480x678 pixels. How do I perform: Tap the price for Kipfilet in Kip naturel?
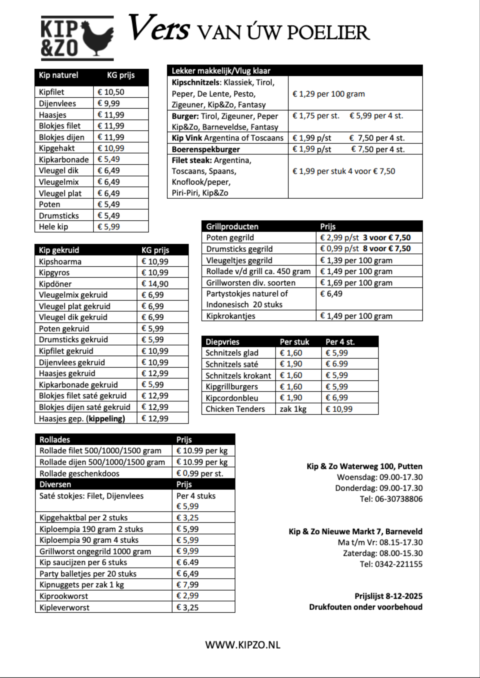(111, 92)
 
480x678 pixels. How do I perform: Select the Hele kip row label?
(54, 227)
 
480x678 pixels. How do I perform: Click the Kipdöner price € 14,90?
(155, 284)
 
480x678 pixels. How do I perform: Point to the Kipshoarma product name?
(60, 262)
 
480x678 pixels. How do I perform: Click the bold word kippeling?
(106, 418)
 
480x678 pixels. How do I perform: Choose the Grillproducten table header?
(232, 226)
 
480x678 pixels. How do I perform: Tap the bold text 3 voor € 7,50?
(387, 238)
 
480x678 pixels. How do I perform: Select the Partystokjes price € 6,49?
(331, 294)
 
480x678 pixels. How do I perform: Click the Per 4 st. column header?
(340, 342)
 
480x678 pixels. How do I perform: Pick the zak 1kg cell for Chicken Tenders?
(293, 409)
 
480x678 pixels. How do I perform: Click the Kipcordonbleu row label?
(232, 398)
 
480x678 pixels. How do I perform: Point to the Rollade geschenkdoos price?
(200, 473)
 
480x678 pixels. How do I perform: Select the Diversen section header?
(55, 484)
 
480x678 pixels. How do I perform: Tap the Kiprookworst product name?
(64, 596)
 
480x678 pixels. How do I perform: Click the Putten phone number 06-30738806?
(399, 499)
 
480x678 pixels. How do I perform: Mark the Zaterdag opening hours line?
(383, 553)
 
